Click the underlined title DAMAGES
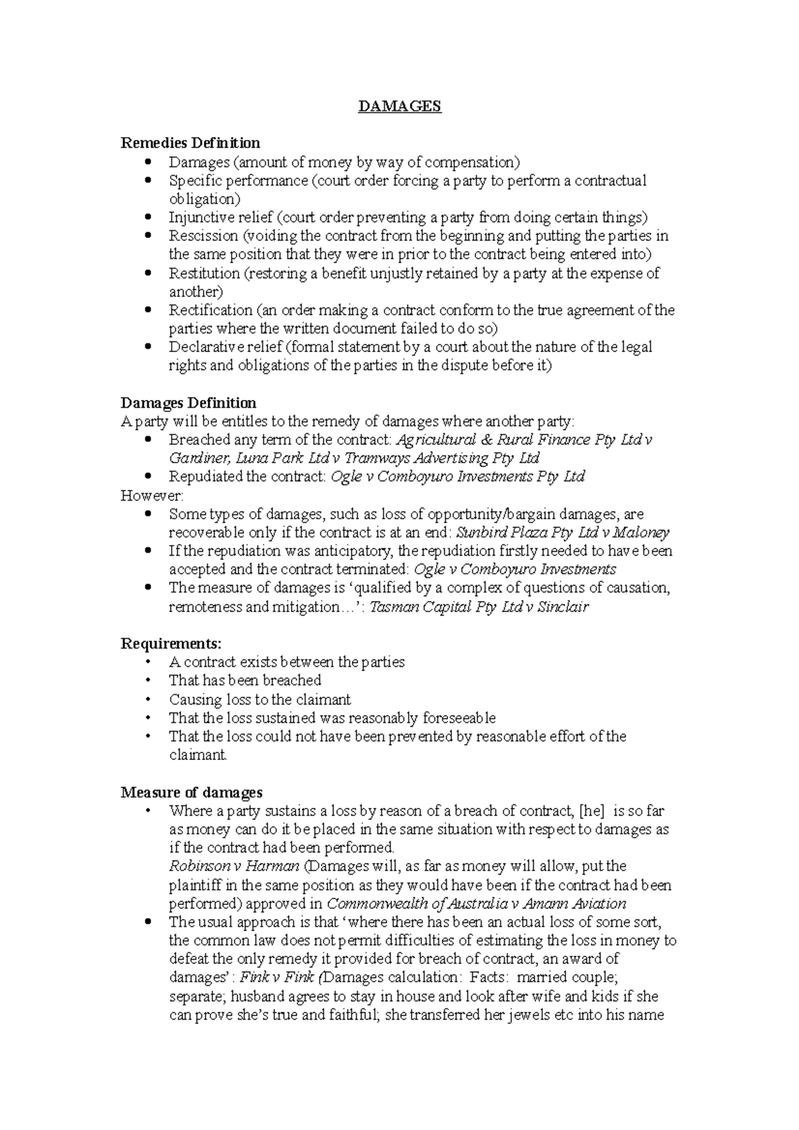pos(400,106)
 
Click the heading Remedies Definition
pos(190,143)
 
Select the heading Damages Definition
pos(188,403)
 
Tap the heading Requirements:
pos(171,644)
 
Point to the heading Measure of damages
pos(191,792)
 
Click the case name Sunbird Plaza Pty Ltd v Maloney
pos(562,532)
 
